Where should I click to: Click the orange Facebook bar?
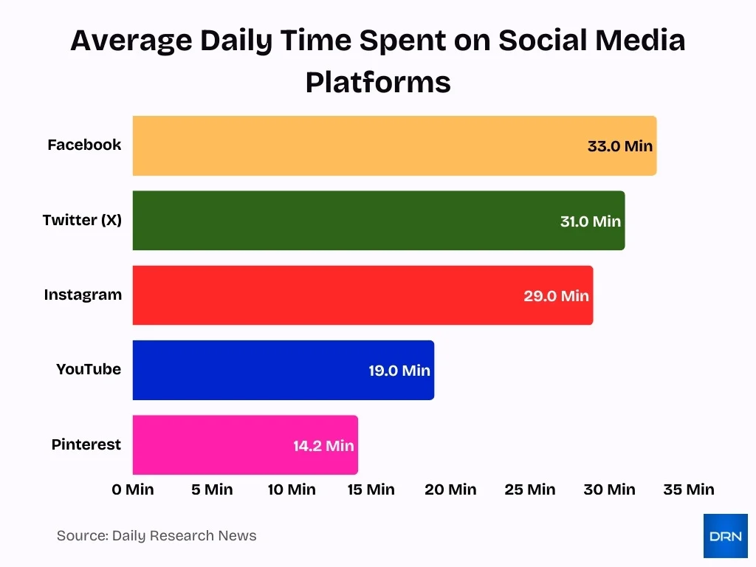pos(354,145)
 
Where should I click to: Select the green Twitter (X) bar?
pos(340,221)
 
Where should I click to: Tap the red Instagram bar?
pos(325,295)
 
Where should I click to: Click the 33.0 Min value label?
pos(620,146)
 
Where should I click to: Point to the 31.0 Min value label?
pos(591,221)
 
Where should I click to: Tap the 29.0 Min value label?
pos(557,296)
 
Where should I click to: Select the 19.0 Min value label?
pos(399,371)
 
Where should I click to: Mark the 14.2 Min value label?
pos(323,446)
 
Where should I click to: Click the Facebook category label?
pos(84,145)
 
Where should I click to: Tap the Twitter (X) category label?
pos(82,220)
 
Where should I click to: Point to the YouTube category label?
pos(89,369)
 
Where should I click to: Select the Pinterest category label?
pos(86,444)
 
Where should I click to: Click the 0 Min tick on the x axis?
pos(134,489)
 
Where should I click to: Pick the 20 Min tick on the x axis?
pos(450,489)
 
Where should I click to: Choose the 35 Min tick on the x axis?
pos(689,489)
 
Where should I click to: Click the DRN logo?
pos(725,536)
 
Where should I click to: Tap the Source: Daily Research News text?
pos(157,536)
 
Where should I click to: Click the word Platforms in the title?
pos(378,82)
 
